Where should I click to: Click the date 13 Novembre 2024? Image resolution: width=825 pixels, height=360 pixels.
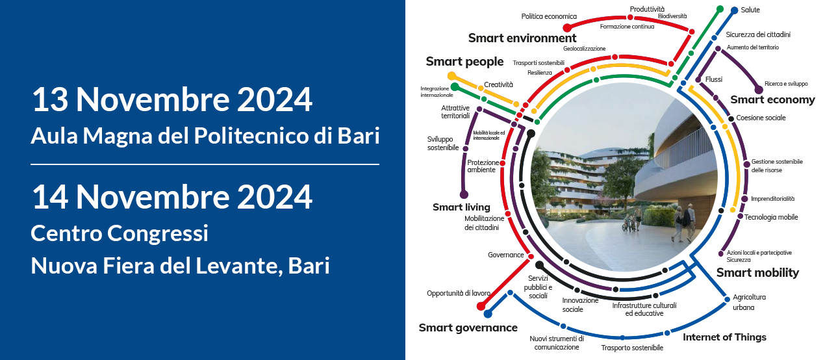click(172, 101)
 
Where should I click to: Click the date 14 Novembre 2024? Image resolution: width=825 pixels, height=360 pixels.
click(172, 196)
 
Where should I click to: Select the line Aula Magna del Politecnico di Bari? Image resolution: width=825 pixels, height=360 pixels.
click(205, 136)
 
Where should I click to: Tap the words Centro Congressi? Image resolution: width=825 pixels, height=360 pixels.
click(120, 233)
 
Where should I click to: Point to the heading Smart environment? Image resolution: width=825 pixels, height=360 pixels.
click(522, 38)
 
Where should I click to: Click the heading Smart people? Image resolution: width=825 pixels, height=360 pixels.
click(464, 62)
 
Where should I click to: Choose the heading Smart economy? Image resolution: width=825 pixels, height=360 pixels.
click(772, 99)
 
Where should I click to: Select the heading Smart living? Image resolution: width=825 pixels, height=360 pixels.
click(461, 207)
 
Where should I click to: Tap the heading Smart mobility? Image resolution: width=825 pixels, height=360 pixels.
click(757, 273)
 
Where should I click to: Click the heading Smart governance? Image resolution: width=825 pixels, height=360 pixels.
click(468, 328)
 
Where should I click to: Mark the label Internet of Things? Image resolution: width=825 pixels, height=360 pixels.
click(724, 337)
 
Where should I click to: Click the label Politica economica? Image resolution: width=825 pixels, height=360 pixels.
click(549, 16)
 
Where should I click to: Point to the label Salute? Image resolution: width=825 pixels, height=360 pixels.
click(750, 10)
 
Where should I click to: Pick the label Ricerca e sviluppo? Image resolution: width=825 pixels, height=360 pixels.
click(786, 84)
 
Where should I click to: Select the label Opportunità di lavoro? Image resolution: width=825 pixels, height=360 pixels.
click(459, 294)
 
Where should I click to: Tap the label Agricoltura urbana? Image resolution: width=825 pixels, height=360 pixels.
click(749, 302)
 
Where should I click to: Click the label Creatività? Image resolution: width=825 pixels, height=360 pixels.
click(498, 84)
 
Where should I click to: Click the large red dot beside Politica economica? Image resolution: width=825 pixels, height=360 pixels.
click(567, 28)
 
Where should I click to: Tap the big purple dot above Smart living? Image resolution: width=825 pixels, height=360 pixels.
click(464, 194)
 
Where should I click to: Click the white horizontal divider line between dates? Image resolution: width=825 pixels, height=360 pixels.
click(205, 164)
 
